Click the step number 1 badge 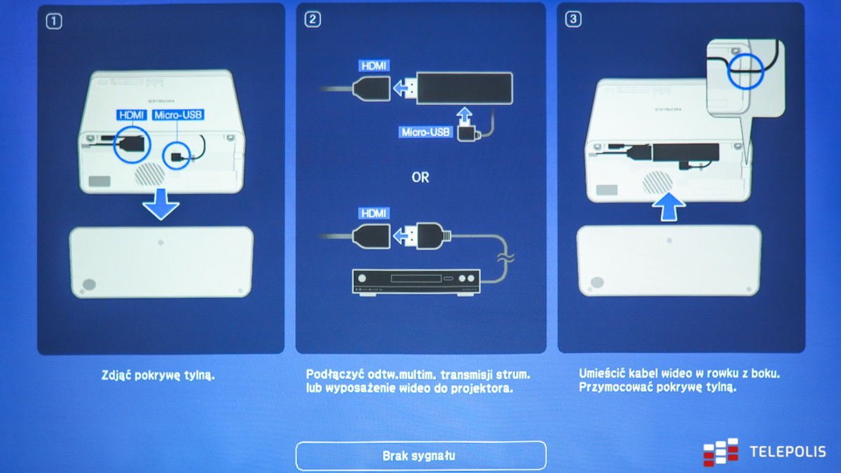pos(54,22)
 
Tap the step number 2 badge pos(313,20)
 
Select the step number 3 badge pos(573,19)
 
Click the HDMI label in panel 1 pos(132,115)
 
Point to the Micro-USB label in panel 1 pos(178,115)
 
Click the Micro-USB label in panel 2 pos(425,132)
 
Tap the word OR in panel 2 pos(420,177)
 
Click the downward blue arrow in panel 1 pos(160,204)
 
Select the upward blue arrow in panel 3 pos(669,207)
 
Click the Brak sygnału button pos(421,455)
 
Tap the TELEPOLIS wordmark pos(788,451)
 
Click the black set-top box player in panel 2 pos(416,282)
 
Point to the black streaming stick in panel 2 pos(465,88)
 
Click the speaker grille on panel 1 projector pos(149,174)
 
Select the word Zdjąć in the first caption pos(116,376)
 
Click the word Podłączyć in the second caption pos(335,375)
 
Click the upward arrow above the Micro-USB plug pos(465,115)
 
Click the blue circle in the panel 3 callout pos(746,71)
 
